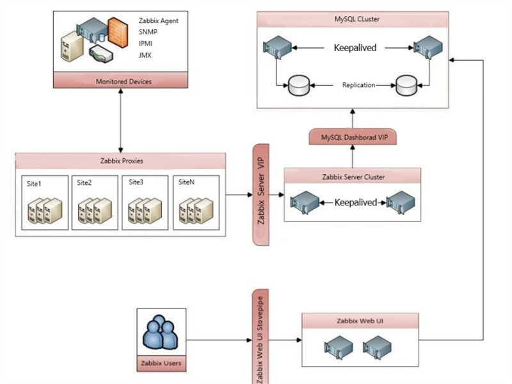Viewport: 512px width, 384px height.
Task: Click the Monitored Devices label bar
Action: (120, 81)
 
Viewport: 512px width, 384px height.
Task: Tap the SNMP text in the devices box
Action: (148, 32)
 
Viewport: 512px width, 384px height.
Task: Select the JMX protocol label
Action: (145, 55)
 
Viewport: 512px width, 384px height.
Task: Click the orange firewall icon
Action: (118, 33)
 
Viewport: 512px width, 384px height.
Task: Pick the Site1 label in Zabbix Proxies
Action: (34, 184)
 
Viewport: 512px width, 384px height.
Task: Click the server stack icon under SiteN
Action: (196, 211)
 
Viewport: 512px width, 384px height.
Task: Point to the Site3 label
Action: (136, 182)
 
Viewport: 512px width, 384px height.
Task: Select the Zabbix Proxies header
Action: (122, 161)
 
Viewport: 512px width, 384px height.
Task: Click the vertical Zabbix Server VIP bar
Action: (261, 195)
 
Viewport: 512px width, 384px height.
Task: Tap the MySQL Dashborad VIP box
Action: (353, 137)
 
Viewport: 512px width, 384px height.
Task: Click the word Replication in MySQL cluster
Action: (358, 85)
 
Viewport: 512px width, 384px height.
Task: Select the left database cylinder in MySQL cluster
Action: (299, 86)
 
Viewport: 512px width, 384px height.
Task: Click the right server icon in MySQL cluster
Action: (428, 47)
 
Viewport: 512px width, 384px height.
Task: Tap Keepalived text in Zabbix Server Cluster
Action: (356, 202)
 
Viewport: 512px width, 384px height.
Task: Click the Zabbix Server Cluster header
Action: (353, 177)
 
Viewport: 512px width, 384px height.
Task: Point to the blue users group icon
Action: (161, 332)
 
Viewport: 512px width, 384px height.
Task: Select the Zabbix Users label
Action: (161, 363)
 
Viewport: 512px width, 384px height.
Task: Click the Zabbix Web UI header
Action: (360, 321)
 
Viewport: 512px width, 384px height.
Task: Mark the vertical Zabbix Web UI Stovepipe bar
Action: (260, 337)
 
